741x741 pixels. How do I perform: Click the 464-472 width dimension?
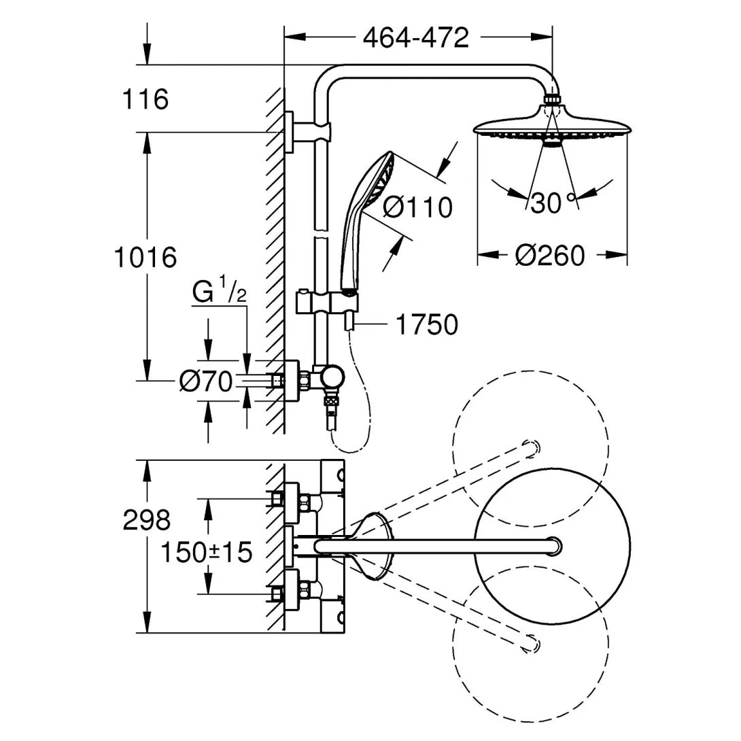(415, 38)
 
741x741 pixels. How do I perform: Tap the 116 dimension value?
(144, 99)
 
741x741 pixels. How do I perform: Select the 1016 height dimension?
(145, 257)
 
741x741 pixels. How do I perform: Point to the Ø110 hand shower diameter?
(417, 207)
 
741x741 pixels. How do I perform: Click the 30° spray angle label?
(551, 203)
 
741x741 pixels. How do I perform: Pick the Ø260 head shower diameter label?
(549, 256)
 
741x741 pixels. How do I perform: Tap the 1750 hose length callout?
(426, 325)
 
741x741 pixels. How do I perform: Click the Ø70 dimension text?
(205, 382)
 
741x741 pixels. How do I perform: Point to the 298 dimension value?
(146, 521)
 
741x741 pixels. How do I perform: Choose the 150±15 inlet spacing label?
(206, 552)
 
